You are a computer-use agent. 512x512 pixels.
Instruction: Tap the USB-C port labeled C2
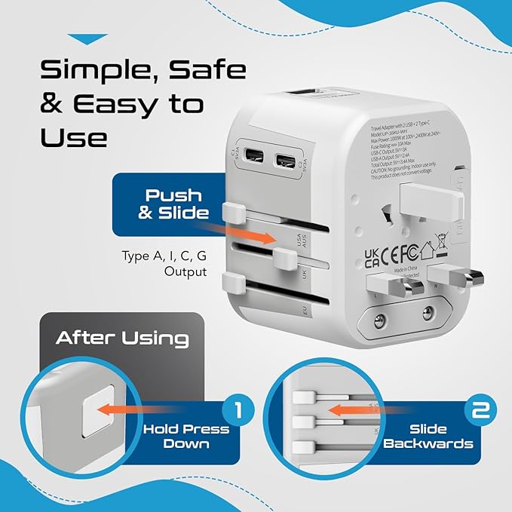point(286,161)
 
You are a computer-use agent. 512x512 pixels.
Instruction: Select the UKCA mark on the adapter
point(373,256)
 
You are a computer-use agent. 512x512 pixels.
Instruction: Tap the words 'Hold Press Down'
point(187,436)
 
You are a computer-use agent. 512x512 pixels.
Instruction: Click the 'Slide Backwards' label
point(428,436)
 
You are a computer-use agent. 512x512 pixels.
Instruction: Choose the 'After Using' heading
point(122,338)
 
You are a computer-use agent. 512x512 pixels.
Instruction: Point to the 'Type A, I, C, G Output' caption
point(164,263)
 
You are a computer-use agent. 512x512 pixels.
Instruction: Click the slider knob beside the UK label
point(284,260)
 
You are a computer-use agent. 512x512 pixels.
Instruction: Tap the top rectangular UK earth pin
point(431,200)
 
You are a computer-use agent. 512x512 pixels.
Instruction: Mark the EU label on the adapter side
point(305,310)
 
